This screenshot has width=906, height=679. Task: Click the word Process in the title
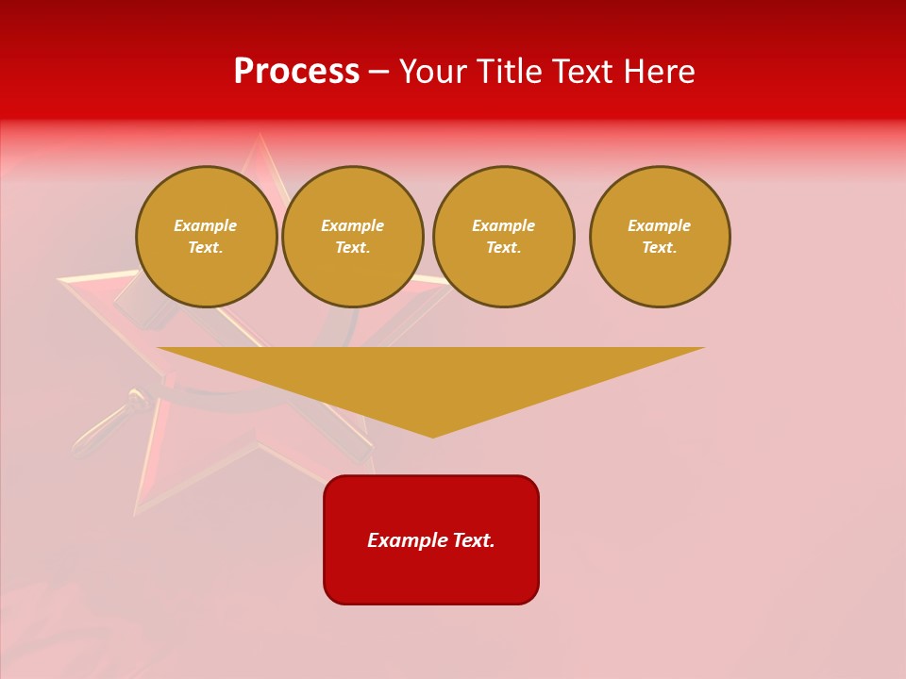click(296, 72)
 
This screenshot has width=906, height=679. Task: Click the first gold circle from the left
click(207, 237)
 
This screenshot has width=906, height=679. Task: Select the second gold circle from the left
click(353, 237)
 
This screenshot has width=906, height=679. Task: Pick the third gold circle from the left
click(504, 237)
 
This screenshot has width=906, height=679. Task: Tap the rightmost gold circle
click(660, 237)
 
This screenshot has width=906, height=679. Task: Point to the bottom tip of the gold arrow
click(432, 437)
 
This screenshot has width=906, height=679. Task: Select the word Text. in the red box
click(474, 540)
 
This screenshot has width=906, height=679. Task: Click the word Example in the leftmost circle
click(206, 225)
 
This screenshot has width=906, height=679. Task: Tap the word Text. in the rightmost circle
click(660, 248)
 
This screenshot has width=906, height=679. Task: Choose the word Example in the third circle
click(504, 225)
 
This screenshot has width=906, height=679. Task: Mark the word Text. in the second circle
click(353, 248)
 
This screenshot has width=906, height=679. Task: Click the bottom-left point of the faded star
click(137, 514)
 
